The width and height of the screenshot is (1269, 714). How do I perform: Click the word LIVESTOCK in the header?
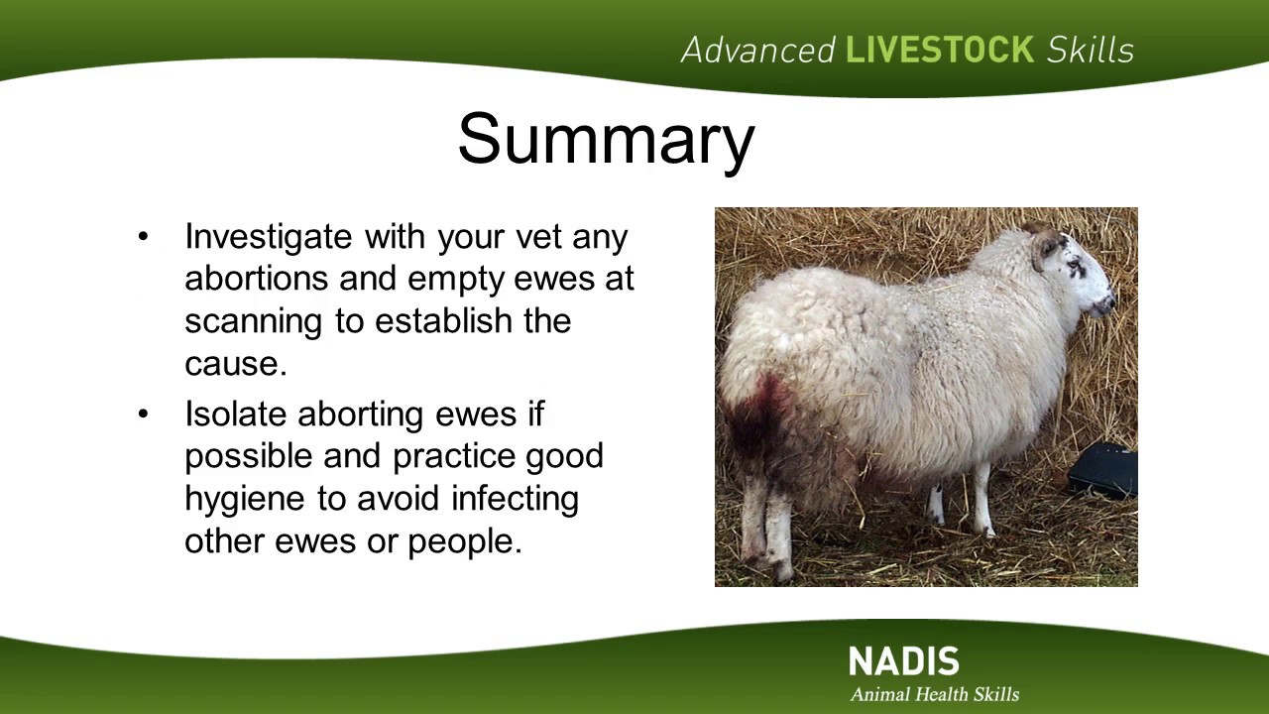940,50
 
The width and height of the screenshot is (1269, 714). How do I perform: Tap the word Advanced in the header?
758,50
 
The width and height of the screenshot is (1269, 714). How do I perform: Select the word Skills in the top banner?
1090,50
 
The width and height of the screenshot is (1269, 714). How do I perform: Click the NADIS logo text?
904,660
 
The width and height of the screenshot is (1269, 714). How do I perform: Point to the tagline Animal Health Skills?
935,694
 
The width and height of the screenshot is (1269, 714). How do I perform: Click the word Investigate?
268,238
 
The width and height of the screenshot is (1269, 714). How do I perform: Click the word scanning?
253,322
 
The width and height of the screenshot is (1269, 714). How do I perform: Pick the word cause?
236,364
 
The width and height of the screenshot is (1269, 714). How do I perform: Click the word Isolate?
235,414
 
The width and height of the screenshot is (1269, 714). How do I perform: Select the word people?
465,542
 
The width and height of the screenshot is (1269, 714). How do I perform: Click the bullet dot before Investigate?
143,236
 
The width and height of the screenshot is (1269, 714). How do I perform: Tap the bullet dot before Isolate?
143,415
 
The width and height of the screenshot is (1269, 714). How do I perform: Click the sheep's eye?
1073,264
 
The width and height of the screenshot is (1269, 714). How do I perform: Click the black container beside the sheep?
1103,470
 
